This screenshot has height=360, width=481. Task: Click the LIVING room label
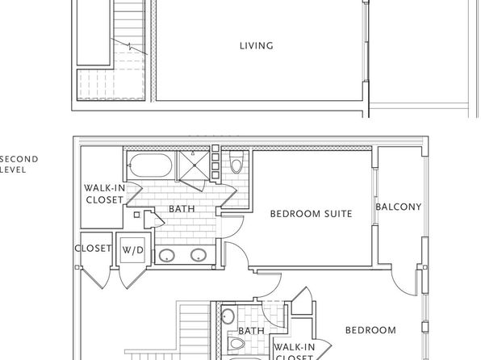click(x=256, y=46)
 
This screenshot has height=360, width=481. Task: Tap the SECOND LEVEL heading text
click(x=19, y=165)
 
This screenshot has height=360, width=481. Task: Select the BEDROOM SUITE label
click(x=311, y=214)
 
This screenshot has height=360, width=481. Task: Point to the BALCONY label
click(x=399, y=207)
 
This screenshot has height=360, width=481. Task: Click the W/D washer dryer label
click(x=133, y=250)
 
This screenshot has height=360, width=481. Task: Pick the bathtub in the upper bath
click(x=150, y=165)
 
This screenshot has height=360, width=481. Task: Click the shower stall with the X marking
click(x=194, y=165)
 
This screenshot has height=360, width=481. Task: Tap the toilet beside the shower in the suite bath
click(x=236, y=162)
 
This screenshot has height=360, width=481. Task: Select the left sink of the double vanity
click(x=167, y=255)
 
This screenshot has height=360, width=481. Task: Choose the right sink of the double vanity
click(x=199, y=255)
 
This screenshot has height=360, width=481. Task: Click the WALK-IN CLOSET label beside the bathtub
click(x=104, y=194)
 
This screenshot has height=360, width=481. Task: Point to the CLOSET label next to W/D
click(x=93, y=249)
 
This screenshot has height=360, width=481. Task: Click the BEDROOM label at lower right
click(x=370, y=330)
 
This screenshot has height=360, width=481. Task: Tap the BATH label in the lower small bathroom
click(x=251, y=331)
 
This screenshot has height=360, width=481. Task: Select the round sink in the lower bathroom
click(x=228, y=316)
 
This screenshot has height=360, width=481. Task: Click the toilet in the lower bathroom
click(x=236, y=343)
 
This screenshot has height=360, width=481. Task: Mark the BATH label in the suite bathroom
click(x=182, y=209)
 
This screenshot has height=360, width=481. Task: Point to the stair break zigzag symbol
click(x=130, y=47)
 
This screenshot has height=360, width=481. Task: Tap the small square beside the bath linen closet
click(x=137, y=215)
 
